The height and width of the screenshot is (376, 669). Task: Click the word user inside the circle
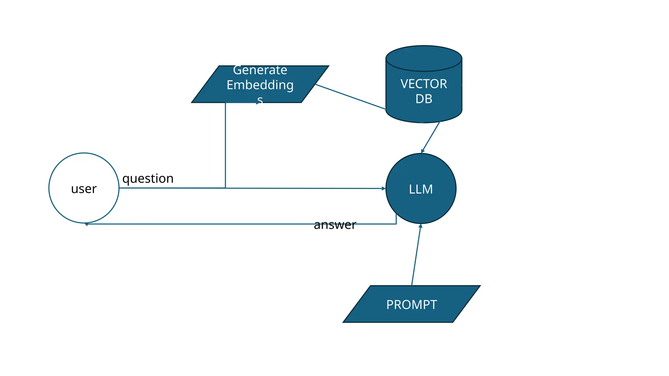(84, 189)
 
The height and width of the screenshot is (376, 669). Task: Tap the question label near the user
(148, 179)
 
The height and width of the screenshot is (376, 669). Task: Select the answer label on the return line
(334, 225)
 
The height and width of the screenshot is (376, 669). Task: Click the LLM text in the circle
(421, 189)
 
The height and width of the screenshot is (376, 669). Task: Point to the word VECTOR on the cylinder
(424, 84)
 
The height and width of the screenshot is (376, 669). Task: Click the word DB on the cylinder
(424, 99)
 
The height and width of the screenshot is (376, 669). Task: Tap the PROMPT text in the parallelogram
(411, 305)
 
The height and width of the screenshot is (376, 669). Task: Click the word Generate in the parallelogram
(260, 70)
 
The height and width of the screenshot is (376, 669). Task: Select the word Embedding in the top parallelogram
(260, 85)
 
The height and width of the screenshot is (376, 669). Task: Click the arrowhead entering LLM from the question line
(384, 188)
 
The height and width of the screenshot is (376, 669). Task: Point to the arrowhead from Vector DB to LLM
(422, 151)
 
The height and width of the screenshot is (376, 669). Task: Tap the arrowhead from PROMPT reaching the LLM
(420, 226)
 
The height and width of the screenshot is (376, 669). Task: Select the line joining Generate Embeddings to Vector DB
(350, 97)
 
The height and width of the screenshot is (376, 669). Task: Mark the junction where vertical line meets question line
(225, 188)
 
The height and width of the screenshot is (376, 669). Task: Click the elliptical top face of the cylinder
(424, 58)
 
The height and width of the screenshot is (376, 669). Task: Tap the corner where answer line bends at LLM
(396, 224)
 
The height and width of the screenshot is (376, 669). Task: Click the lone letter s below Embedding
(260, 100)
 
